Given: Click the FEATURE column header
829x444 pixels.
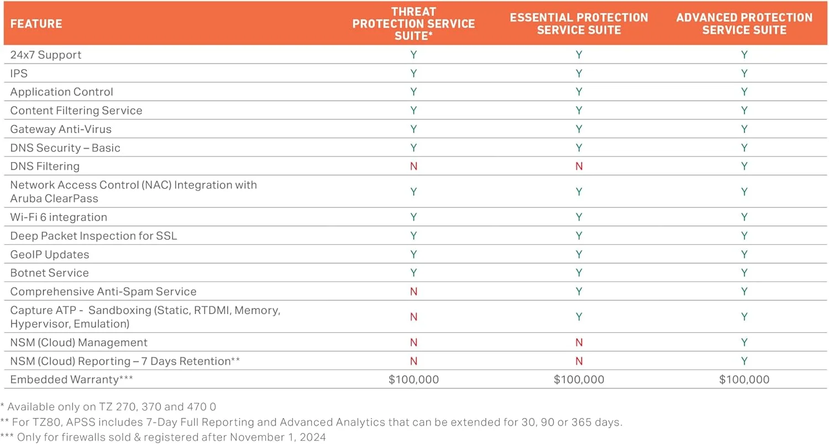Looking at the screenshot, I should (x=36, y=24).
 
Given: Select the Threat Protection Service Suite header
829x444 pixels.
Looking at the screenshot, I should (x=413, y=23).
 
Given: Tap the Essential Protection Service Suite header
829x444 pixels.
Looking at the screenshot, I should (x=579, y=23).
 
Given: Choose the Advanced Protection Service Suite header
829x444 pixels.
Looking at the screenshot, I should (x=744, y=23).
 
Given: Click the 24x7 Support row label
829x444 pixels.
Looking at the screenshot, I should (x=46, y=55).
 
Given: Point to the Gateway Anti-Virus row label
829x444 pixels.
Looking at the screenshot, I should (x=61, y=129).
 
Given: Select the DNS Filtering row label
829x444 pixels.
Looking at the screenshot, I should (x=45, y=166).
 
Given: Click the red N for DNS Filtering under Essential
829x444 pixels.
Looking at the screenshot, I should (x=579, y=166).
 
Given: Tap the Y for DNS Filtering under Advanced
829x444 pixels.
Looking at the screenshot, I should (x=744, y=166).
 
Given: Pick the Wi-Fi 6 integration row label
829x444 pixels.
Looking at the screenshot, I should (x=59, y=217).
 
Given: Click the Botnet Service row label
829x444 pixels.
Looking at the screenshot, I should (x=49, y=273).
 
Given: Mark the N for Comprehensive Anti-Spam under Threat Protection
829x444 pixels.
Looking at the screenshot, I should (x=413, y=291).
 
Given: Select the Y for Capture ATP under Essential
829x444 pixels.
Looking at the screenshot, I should (x=579, y=317).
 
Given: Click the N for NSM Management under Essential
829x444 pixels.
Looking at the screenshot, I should (x=579, y=342).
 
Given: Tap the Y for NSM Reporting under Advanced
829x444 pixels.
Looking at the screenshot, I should (x=744, y=361).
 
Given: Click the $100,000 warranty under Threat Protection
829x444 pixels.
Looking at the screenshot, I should (x=413, y=379).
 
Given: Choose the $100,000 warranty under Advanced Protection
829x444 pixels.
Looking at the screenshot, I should (x=744, y=379).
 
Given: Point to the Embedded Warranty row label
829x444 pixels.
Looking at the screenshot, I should (x=72, y=379).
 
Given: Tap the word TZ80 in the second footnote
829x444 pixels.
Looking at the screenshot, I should (x=40, y=422).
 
